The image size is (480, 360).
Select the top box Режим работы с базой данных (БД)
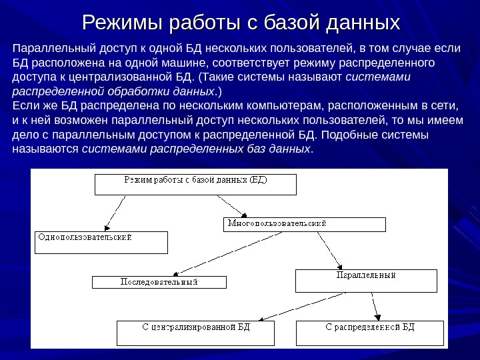[x=195, y=185]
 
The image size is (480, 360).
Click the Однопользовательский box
[x=101, y=242]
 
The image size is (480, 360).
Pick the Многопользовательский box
[x=303, y=224]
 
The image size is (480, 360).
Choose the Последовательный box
[x=159, y=282]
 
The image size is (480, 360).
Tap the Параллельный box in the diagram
[x=366, y=281]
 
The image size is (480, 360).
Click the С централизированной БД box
[x=195, y=333]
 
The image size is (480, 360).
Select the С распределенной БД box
[x=369, y=333]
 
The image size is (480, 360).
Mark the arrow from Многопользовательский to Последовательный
[x=213, y=254]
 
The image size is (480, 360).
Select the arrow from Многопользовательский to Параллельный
[x=329, y=249]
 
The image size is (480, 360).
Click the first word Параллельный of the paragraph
[x=46, y=49]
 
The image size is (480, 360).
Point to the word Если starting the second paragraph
[x=26, y=105]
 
